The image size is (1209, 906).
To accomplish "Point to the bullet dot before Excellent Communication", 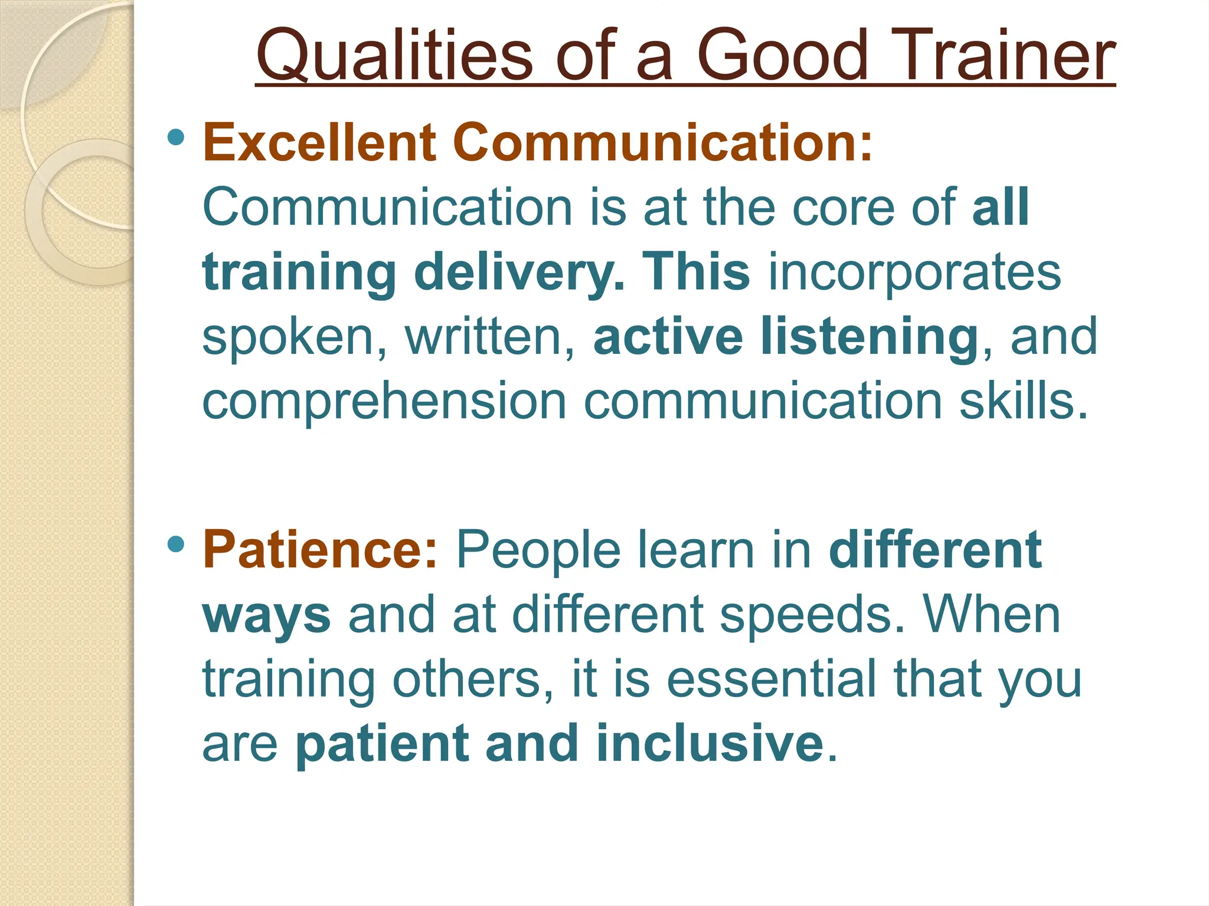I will (176, 138).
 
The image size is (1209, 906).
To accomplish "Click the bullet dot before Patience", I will (176, 544).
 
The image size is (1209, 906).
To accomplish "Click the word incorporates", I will (914, 272).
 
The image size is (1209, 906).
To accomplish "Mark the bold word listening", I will (870, 337).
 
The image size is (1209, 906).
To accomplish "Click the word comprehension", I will (384, 401).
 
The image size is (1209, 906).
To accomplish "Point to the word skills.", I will (1023, 401).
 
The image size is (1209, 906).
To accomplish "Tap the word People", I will (538, 550).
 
